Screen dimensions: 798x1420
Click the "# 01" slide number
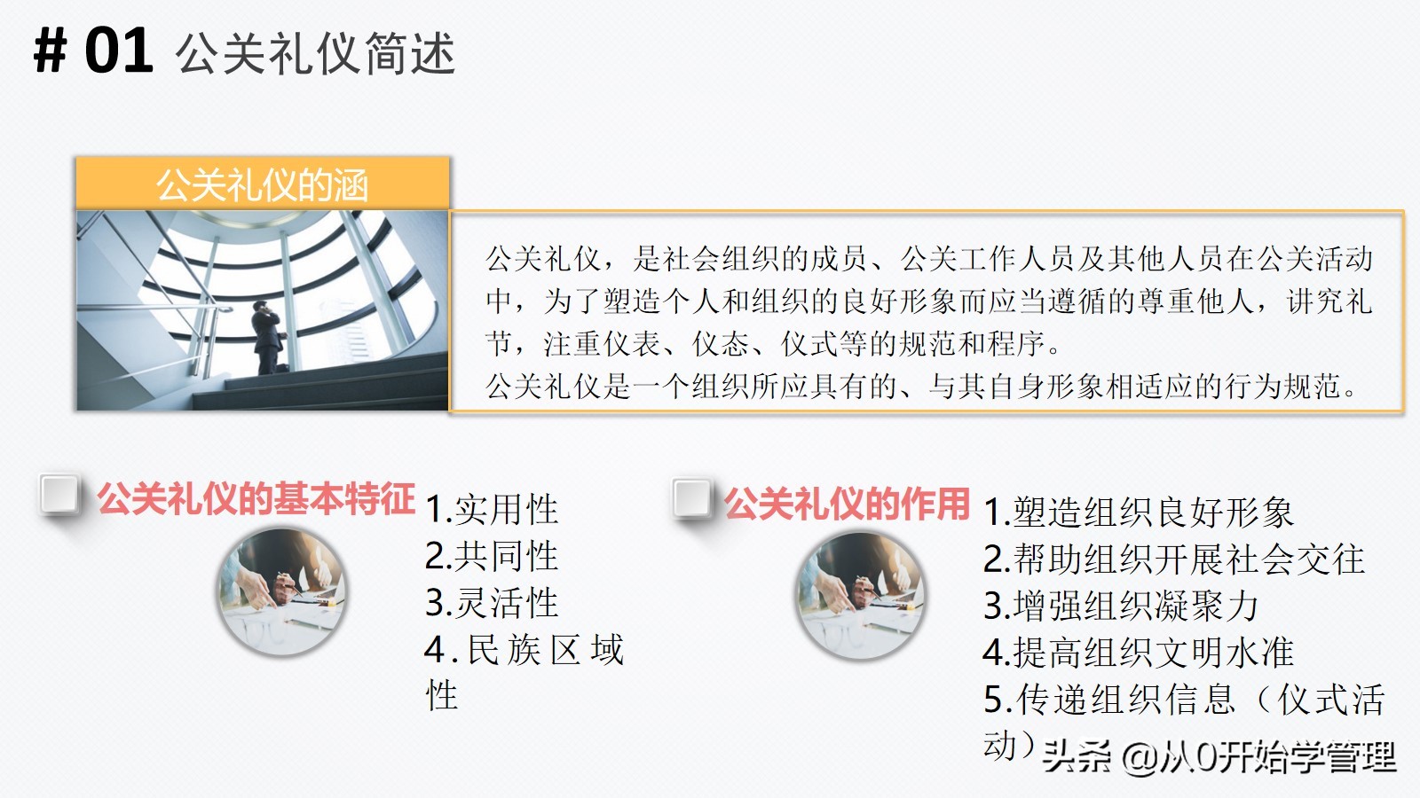click(x=93, y=51)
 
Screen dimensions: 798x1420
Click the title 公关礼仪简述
click(x=315, y=54)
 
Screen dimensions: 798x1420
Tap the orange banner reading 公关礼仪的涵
click(x=263, y=184)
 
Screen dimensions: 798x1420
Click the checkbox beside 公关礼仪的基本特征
click(x=59, y=495)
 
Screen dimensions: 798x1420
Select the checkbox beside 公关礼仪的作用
click(x=692, y=498)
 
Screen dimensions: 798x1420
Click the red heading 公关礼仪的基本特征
click(x=256, y=499)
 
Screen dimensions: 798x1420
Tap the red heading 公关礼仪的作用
click(x=847, y=504)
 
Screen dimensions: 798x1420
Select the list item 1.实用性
click(x=492, y=510)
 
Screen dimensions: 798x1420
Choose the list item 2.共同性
click(x=492, y=556)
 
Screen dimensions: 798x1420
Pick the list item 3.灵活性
click(x=492, y=603)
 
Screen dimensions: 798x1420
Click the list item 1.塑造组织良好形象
click(x=1138, y=512)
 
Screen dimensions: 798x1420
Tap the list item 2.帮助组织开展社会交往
click(x=1173, y=559)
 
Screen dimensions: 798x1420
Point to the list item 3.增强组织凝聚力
click(x=1121, y=606)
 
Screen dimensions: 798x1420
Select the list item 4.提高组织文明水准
click(x=1138, y=653)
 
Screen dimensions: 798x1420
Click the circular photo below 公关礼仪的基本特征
click(x=282, y=591)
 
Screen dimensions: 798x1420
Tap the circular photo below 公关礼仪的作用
click(x=860, y=595)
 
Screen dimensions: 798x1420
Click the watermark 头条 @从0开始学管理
click(x=1219, y=756)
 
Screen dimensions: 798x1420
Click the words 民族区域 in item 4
click(x=545, y=650)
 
